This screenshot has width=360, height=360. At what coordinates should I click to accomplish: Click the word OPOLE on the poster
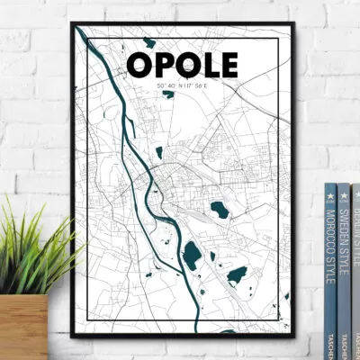click(184, 65)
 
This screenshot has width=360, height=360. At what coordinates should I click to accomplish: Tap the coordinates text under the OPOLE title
click(184, 85)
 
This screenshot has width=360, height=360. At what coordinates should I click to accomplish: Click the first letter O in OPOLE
click(139, 65)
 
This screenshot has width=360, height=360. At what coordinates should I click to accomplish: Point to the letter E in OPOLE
click(229, 65)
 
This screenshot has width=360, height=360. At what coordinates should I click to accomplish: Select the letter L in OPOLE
click(207, 65)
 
